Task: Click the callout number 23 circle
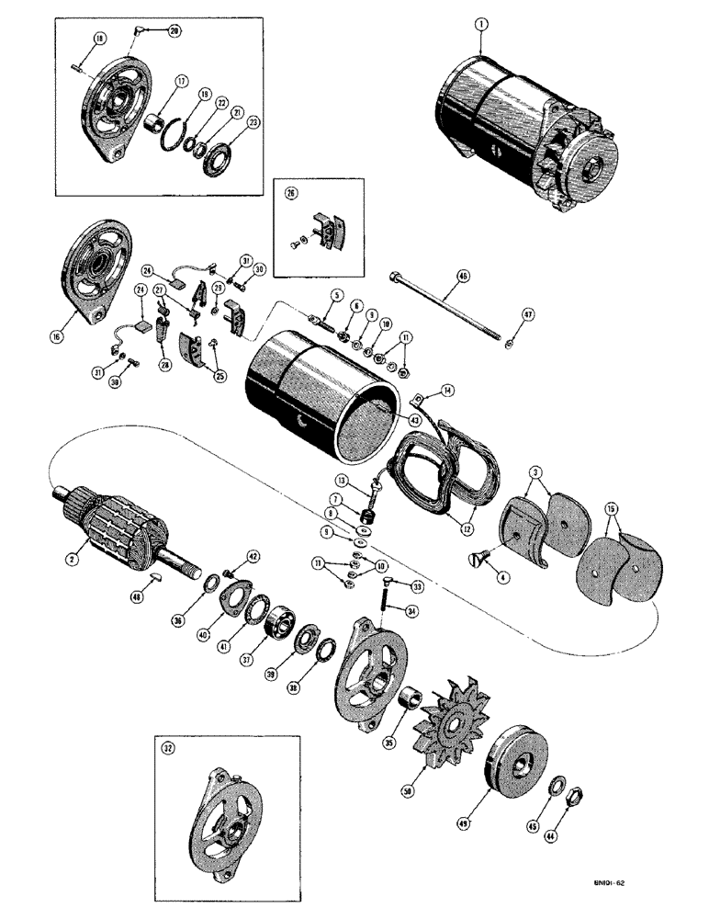click(x=227, y=121)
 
